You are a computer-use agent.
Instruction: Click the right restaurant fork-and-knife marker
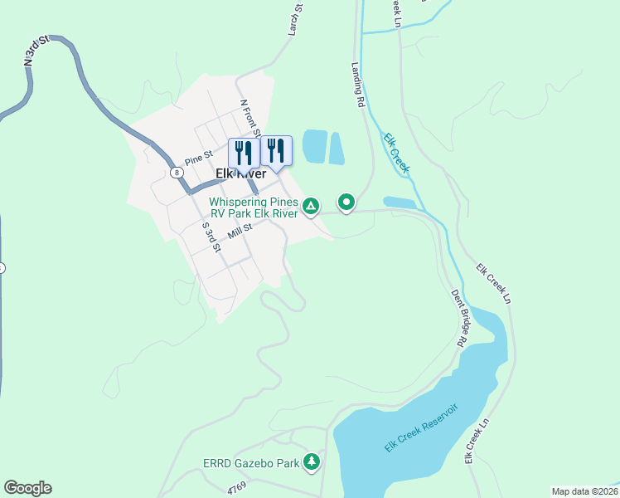(277, 151)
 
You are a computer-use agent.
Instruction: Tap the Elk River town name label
(241, 173)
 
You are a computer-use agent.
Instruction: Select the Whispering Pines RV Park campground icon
(311, 206)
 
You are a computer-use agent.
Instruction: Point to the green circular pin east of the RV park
(346, 202)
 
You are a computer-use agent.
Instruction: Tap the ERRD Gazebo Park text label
(251, 463)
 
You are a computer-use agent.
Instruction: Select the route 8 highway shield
(177, 173)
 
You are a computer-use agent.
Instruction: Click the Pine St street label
(199, 158)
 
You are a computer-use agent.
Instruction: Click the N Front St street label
(250, 120)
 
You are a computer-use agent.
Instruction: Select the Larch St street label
(297, 19)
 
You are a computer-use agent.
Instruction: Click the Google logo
(28, 488)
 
